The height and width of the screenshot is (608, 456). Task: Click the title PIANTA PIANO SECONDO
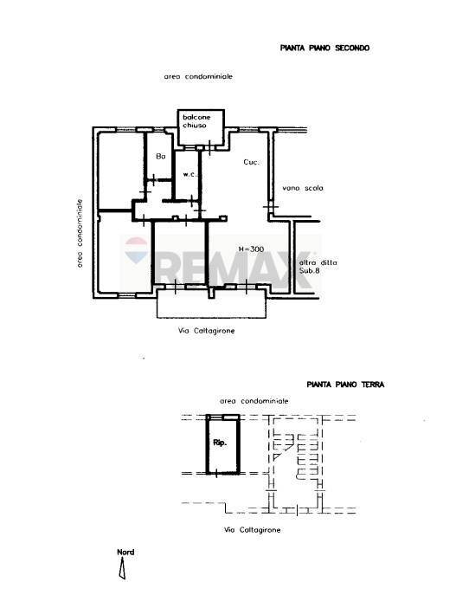point(324,49)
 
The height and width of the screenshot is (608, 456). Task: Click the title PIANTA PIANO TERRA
point(345,384)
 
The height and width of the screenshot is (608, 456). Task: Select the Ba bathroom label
point(160,157)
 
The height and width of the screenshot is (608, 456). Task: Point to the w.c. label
point(187,174)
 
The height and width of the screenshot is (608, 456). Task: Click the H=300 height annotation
point(251,249)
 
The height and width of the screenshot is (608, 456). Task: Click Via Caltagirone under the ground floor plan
point(252,529)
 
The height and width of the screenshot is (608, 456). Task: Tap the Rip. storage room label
point(220,443)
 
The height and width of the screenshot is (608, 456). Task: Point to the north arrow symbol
point(123,568)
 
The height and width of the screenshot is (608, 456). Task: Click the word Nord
point(125,552)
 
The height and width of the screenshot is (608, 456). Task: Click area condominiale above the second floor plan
point(198,77)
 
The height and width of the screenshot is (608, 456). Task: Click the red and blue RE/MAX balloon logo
point(136,251)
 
